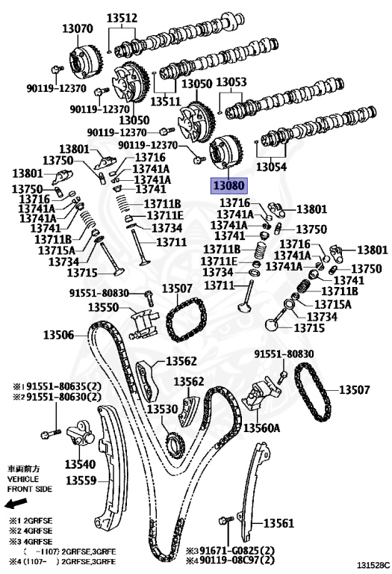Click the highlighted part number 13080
(229, 185)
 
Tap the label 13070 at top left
(78, 28)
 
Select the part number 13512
(122, 18)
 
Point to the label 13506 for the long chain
(58, 335)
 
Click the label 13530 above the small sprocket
(162, 409)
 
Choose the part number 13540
(80, 464)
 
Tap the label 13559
(81, 480)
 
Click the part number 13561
(279, 523)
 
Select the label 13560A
(261, 428)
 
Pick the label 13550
(104, 306)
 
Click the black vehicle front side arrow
(16, 503)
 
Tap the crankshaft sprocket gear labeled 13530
(174, 444)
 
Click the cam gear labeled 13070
(87, 61)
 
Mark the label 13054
(271, 167)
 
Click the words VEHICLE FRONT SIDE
(30, 484)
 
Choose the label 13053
(231, 82)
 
